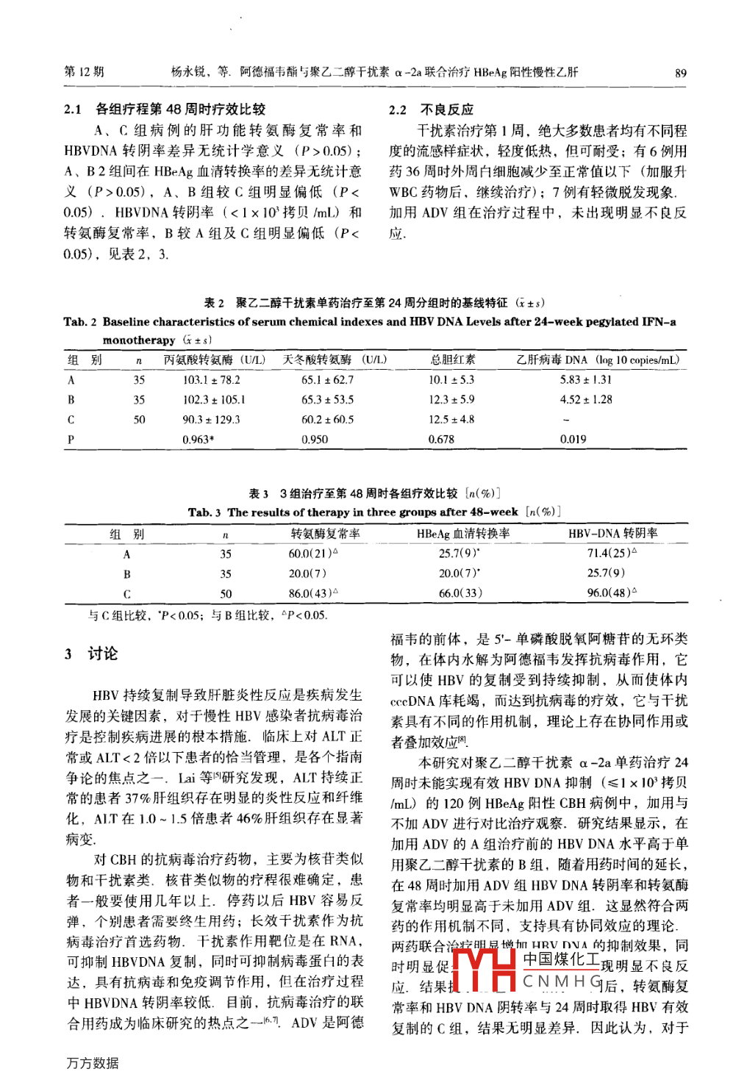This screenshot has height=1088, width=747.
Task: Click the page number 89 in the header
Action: [x=680, y=73]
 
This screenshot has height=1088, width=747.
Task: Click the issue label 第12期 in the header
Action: [x=85, y=72]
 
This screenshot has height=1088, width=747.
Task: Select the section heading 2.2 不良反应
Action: [x=432, y=110]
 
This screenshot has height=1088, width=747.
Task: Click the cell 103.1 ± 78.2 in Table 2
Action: [x=211, y=380]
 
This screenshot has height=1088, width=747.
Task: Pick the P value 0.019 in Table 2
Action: [x=573, y=439]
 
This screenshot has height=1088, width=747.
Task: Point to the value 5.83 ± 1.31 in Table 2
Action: [x=585, y=380]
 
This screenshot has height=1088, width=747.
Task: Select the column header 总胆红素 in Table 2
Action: [x=452, y=360]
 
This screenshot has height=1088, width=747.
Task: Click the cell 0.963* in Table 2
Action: [x=199, y=440]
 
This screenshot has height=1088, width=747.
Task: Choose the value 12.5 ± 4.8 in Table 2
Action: [x=451, y=420]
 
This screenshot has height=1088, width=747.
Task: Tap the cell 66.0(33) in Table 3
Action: [x=460, y=593]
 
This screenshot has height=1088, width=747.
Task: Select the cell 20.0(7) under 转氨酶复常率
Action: [x=307, y=573]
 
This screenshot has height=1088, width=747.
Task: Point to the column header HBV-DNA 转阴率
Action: [x=612, y=534]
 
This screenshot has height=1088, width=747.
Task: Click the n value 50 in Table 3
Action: [x=226, y=593]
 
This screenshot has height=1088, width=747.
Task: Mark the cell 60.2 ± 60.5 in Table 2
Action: [x=327, y=420]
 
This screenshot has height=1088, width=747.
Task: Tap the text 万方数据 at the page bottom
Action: [x=93, y=1063]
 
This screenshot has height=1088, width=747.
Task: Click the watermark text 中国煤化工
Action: [x=561, y=959]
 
